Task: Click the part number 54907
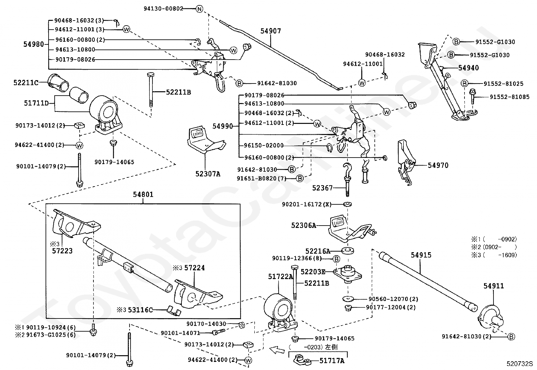point(271,31)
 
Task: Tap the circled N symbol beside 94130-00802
point(199,9)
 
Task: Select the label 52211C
point(26,82)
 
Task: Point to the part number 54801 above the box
point(143,194)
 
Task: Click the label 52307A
point(207,174)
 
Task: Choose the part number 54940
point(469,68)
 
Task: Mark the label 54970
point(438,165)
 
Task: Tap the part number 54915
point(421,255)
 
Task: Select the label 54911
point(493,286)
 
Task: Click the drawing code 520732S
point(519,364)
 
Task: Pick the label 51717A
point(332,361)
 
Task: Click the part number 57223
point(62,251)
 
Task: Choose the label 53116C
point(140,310)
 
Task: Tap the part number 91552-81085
point(509,97)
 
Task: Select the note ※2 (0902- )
point(494,247)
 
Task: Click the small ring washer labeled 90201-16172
point(347,204)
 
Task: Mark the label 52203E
point(313,272)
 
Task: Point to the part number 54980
point(34,44)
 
